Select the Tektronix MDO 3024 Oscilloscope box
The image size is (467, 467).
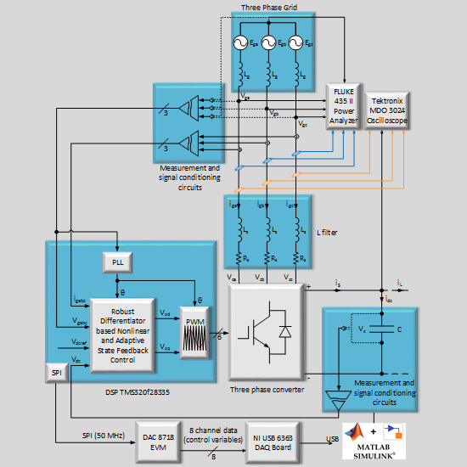click(388, 110)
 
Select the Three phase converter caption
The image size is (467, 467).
click(267, 390)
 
